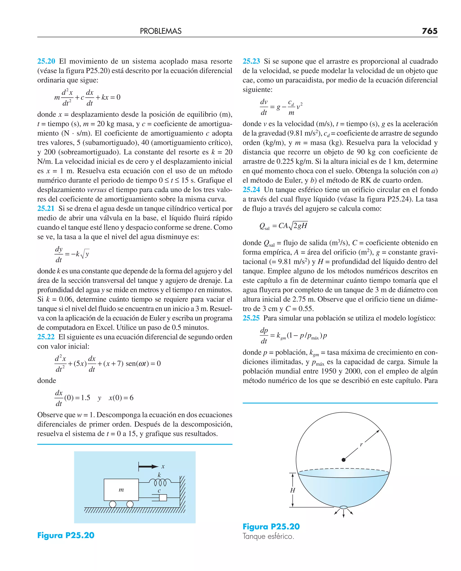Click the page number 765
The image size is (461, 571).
429,31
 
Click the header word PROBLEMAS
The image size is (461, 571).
161,31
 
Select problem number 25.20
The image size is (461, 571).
46,61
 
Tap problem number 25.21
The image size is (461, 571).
46,208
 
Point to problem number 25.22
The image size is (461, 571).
46,337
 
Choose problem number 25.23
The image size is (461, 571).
251,61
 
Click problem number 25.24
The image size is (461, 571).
251,190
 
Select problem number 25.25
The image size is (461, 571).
251,318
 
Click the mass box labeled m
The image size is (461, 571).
121,490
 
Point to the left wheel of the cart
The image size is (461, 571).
113,504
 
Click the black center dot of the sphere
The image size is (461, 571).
343,460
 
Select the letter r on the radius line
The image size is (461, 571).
361,444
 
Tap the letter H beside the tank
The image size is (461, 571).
292,490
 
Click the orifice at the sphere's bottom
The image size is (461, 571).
343,507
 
